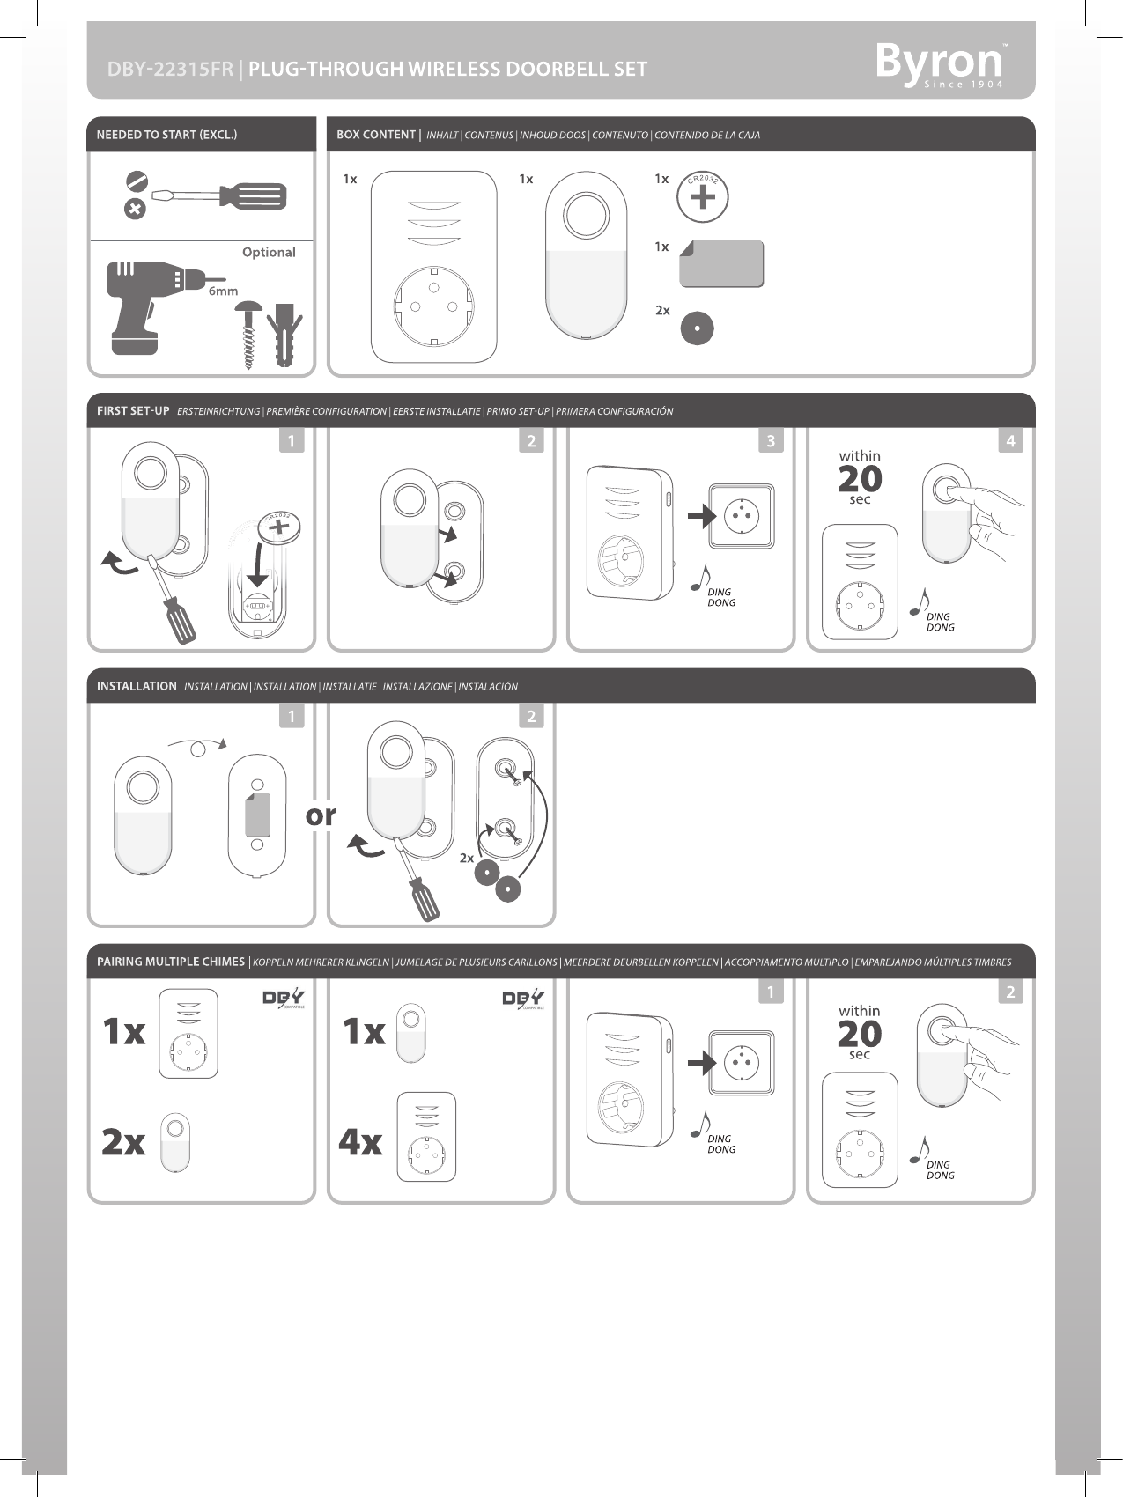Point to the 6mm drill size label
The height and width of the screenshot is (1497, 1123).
223,291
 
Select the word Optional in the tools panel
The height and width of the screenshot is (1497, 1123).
269,253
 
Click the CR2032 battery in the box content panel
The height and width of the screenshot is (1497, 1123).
702,197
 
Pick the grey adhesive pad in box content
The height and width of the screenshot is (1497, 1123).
721,263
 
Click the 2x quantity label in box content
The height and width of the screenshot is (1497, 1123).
662,311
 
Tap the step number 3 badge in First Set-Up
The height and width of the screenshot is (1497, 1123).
771,440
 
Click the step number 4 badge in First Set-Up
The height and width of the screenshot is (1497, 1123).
1011,440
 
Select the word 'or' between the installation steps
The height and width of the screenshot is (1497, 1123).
321,816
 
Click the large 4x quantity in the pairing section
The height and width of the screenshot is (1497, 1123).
361,1142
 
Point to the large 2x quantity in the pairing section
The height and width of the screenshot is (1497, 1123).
123,1142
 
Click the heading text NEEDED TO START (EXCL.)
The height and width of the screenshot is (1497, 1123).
166,135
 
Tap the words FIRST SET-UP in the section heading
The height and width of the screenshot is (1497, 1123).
133,411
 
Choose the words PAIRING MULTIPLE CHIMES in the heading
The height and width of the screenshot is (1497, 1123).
171,962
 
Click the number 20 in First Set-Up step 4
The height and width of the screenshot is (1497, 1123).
860,479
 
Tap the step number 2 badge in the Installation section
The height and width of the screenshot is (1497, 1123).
531,716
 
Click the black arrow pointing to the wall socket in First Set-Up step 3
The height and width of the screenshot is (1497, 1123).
702,515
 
